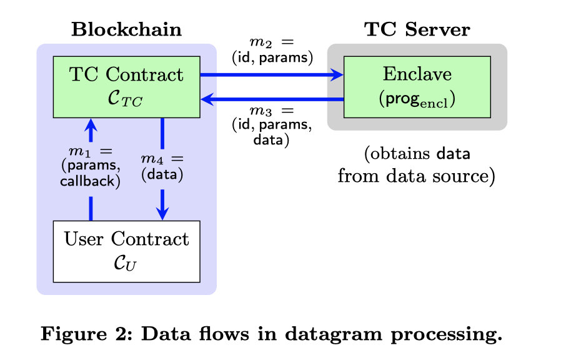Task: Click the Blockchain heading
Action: tap(127, 29)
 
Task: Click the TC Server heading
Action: tap(417, 29)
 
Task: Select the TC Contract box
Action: tap(127, 86)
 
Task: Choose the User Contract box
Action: tap(127, 251)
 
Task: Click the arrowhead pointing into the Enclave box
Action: tap(337, 75)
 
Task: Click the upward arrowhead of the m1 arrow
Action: tap(91, 124)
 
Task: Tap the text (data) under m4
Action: tap(162, 176)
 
